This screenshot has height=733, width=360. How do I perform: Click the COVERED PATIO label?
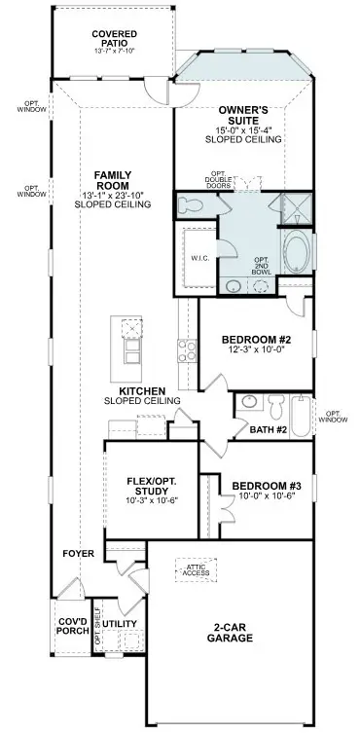pyautogui.click(x=114, y=39)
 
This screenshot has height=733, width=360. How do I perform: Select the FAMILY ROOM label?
pyautogui.click(x=113, y=181)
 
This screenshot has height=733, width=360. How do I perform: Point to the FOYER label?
pyautogui.click(x=79, y=554)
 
